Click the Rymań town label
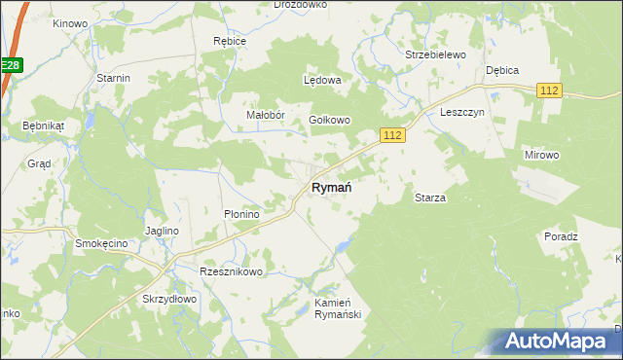click(x=331, y=187)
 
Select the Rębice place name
click(x=230, y=42)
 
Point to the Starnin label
click(x=114, y=77)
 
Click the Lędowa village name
click(x=322, y=80)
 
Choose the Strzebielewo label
click(x=436, y=55)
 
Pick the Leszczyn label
click(x=461, y=112)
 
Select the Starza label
click(x=430, y=198)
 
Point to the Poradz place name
click(x=562, y=236)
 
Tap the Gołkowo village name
click(x=329, y=120)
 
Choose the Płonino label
click(x=240, y=214)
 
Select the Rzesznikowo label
click(x=231, y=271)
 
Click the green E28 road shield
click(x=10, y=65)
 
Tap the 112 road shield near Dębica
click(x=550, y=90)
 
